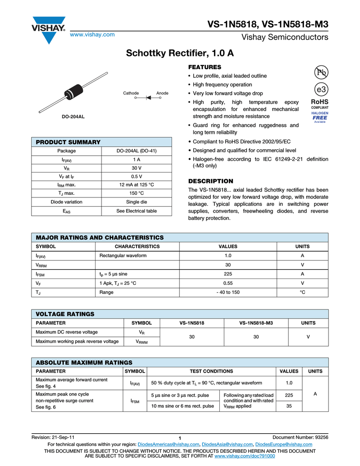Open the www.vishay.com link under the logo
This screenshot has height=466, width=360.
click(91, 35)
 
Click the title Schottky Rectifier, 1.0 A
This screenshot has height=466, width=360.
click(180, 54)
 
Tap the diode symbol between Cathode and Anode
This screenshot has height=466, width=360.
click(148, 97)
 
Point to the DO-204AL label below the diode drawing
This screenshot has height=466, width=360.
click(73, 117)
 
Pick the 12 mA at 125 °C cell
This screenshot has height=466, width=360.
click(137, 185)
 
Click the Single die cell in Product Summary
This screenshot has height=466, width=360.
click(137, 202)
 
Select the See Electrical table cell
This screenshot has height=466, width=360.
click(137, 211)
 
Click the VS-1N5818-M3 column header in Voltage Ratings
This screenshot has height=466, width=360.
click(256, 323)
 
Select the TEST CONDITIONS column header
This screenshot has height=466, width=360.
click(211, 371)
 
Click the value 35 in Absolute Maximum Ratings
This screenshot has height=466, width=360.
click(289, 406)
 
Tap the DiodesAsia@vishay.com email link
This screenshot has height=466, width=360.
click(227, 444)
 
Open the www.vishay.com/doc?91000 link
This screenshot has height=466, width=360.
click(244, 456)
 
